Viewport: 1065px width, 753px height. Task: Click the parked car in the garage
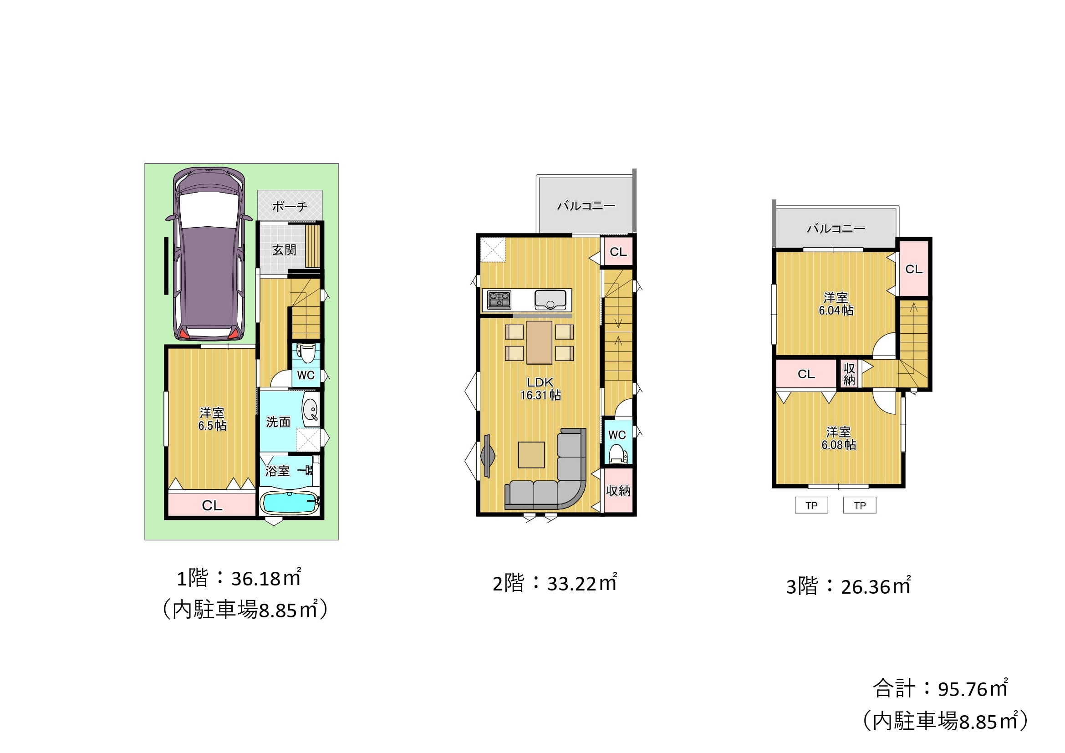point(209,254)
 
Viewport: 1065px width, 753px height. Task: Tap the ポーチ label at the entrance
point(290,206)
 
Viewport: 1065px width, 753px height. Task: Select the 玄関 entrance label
point(284,250)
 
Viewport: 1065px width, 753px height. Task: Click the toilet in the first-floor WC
point(306,354)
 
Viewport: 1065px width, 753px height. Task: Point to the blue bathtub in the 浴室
point(289,503)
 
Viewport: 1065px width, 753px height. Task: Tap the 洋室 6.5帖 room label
point(212,419)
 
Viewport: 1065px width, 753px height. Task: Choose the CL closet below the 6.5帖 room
point(212,505)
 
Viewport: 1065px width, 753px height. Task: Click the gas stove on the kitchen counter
point(499,300)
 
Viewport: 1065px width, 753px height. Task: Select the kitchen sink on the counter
point(550,300)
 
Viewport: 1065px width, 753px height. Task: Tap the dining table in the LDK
point(539,342)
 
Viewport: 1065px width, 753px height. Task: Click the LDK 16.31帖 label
point(540,388)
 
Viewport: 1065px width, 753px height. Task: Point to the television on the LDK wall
point(488,455)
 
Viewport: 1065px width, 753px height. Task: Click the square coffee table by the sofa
point(531,455)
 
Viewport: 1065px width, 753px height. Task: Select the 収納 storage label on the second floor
point(618,491)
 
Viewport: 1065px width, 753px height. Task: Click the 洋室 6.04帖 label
point(836,304)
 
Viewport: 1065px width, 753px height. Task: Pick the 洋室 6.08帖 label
point(839,438)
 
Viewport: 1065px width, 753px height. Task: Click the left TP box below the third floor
point(811,505)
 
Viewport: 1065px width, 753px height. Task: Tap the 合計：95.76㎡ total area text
point(940,688)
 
